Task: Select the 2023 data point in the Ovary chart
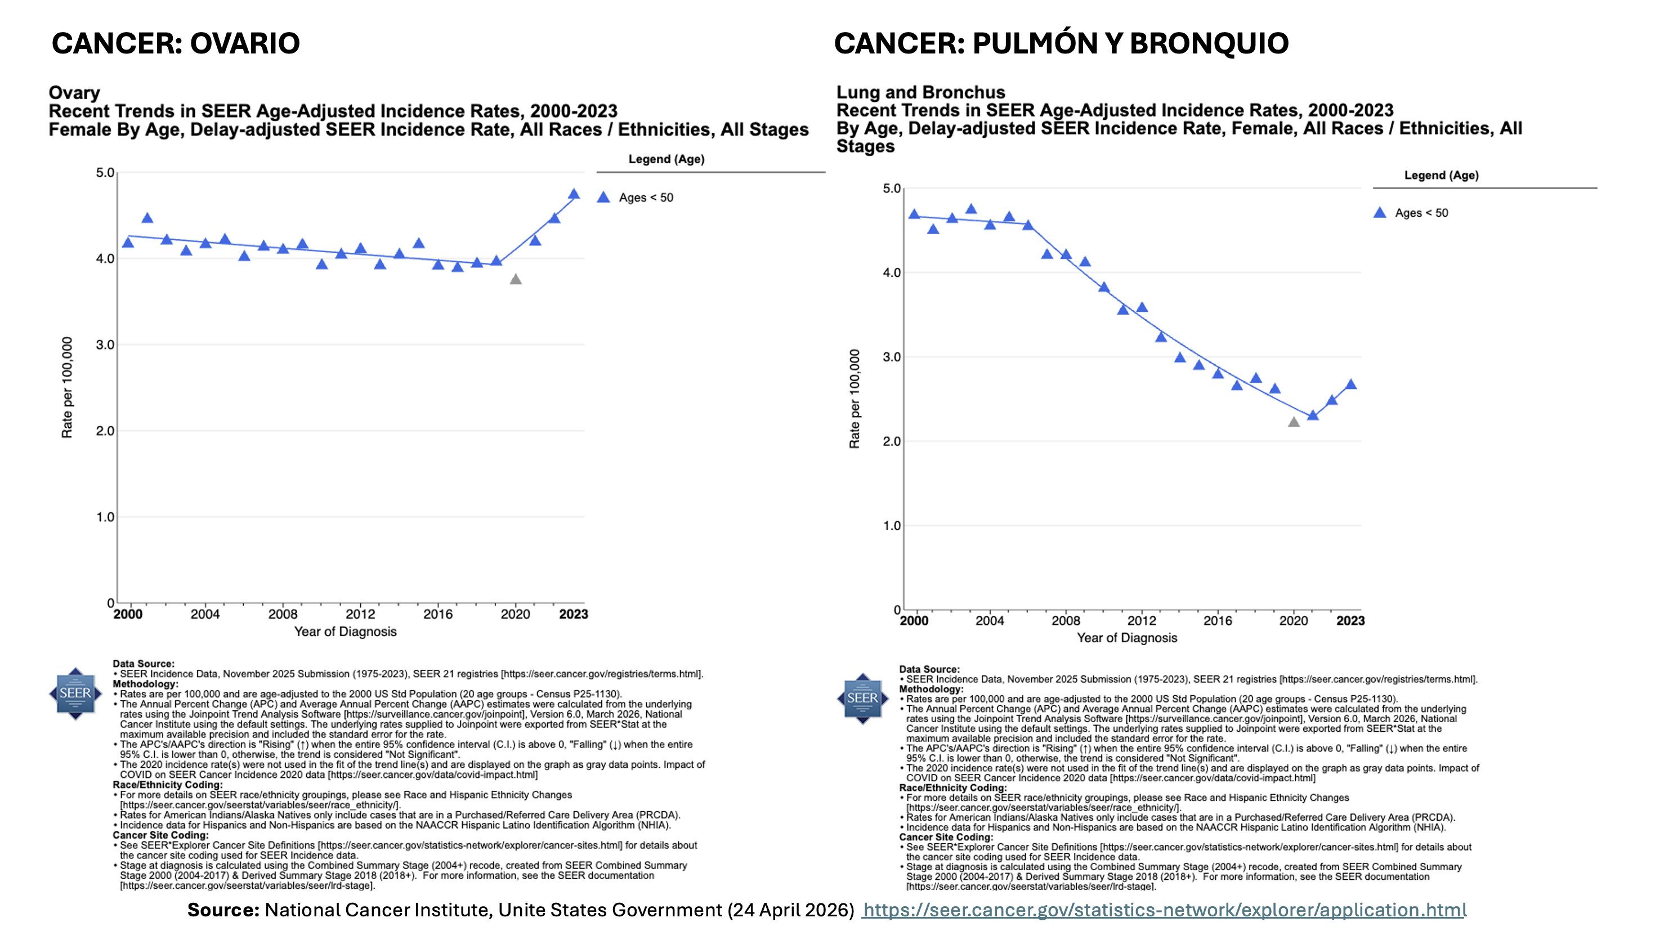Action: click(574, 194)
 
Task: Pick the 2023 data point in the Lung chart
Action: click(1350, 385)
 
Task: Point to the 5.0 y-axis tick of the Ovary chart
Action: click(105, 173)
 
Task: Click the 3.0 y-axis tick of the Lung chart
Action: click(892, 357)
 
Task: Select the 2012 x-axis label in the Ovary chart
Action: click(360, 614)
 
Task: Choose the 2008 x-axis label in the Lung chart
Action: click(1065, 621)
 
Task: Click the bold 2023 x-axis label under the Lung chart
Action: click(1350, 621)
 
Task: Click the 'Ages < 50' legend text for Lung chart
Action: click(1421, 213)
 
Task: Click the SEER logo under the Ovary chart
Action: click(75, 693)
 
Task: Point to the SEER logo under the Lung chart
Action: click(862, 699)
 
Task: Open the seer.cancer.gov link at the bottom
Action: click(1164, 910)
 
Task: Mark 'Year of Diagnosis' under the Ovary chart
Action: click(345, 632)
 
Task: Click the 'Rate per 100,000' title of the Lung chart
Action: click(855, 399)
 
